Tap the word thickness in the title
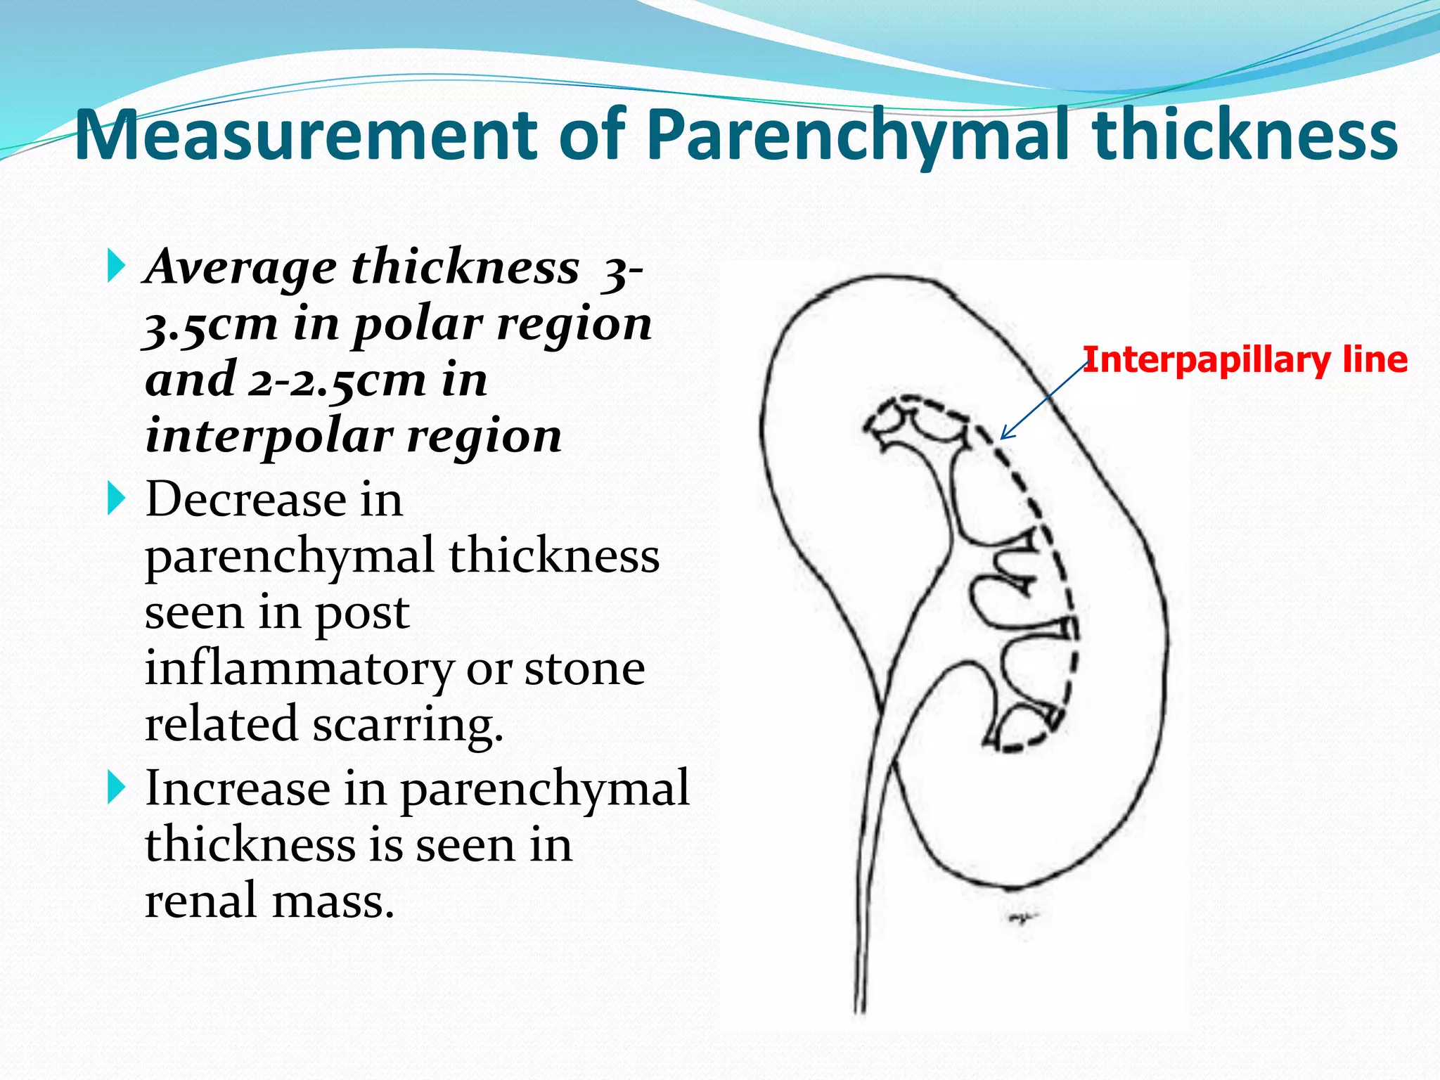click(x=1245, y=135)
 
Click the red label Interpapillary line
click(x=1245, y=360)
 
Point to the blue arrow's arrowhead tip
click(x=1001, y=439)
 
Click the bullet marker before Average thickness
click(x=117, y=266)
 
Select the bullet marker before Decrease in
click(x=117, y=499)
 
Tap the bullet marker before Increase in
click(x=117, y=787)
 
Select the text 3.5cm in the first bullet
click(x=211, y=326)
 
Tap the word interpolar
click(x=268, y=437)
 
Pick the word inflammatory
click(x=299, y=669)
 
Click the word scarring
click(x=408, y=724)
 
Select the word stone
click(x=584, y=668)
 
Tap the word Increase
click(x=238, y=788)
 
